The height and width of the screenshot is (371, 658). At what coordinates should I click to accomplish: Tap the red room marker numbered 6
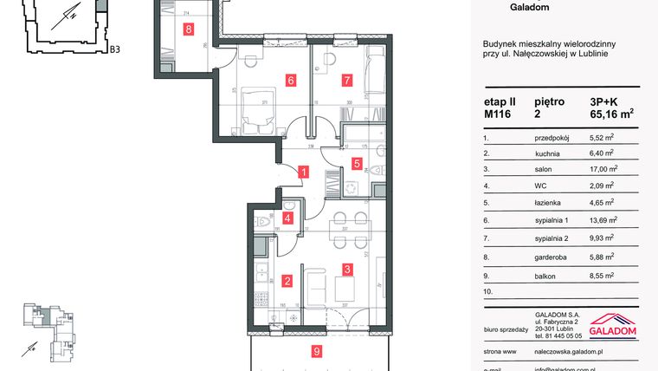[x=291, y=81]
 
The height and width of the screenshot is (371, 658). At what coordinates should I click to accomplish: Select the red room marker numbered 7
[x=346, y=81]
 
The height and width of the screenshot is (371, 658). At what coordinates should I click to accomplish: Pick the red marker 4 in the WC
[x=287, y=218]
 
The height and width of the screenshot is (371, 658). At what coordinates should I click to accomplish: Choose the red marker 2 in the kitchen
[x=287, y=280]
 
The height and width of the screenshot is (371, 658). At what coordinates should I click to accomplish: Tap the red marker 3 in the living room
[x=346, y=269]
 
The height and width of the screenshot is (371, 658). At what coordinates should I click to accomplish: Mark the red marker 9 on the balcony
[x=317, y=351]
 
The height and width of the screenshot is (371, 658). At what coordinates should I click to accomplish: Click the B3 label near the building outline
[x=113, y=49]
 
